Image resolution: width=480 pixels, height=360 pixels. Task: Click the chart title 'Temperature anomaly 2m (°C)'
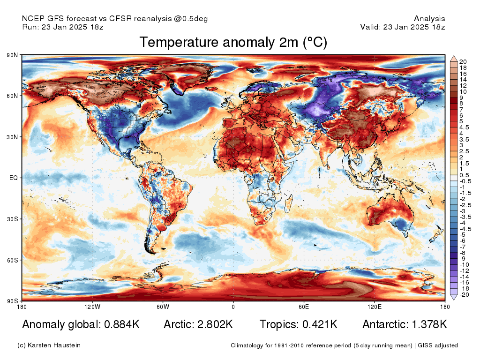point(233,42)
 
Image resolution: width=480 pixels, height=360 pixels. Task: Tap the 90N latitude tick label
point(12,55)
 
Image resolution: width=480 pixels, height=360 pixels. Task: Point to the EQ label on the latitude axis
point(14,178)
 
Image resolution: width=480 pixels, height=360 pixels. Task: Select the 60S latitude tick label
point(12,260)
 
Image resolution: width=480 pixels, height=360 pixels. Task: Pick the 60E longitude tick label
point(303,307)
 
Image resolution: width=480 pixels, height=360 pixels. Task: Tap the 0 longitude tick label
point(233,307)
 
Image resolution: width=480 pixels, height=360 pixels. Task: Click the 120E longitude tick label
point(374,307)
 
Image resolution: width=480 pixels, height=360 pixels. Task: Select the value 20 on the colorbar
point(463,62)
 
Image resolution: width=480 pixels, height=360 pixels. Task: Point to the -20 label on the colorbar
point(464,295)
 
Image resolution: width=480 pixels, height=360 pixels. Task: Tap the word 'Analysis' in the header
point(429,19)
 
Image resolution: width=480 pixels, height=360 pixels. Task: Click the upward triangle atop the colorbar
point(454,58)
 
